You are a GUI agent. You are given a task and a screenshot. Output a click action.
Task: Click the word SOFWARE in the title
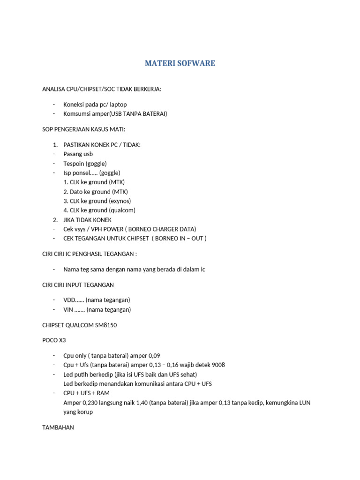pos(195,63)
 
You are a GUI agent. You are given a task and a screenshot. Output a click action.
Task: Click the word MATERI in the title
pos(159,63)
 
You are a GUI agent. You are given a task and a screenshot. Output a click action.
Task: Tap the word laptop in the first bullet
pos(117,104)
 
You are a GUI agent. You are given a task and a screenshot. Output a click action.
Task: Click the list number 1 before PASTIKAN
pos(55,145)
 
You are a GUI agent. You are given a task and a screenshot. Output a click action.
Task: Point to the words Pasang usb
pos(78,154)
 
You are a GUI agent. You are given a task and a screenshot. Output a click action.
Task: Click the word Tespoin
pos(75,163)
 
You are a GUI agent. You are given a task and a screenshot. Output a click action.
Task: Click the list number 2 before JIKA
pos(55,219)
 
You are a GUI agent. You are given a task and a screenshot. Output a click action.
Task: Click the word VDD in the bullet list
pos(70,300)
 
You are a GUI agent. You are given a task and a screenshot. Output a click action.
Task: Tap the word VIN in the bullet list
pos(68,309)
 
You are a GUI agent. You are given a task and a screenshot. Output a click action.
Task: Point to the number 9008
pos(217,365)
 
